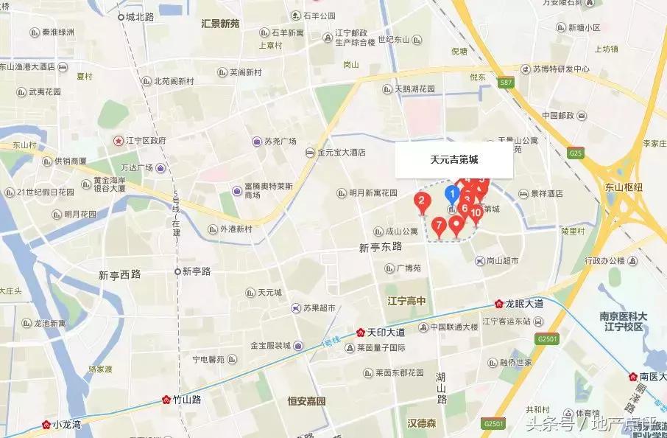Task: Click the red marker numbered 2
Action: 421,200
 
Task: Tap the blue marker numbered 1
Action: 453,194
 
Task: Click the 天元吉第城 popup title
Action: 454,159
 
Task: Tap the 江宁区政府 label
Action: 144,140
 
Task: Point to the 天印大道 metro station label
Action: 381,332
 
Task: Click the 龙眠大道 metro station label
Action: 523,303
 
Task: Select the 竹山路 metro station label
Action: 187,400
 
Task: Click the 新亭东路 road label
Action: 381,247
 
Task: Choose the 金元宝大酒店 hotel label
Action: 341,153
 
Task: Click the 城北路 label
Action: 140,15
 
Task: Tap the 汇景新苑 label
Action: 220,24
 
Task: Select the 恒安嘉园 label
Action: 306,401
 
